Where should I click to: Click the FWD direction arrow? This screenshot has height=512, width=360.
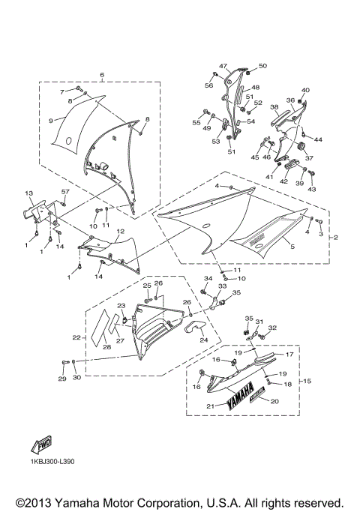click(x=38, y=448)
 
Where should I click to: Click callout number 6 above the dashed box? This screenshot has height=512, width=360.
click(x=102, y=75)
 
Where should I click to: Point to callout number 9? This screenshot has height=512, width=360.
click(x=52, y=120)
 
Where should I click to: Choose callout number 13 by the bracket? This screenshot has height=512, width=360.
click(x=29, y=193)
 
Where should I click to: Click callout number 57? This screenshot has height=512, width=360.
click(x=65, y=192)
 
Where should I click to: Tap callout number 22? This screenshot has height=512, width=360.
click(x=76, y=338)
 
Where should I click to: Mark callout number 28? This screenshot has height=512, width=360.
click(x=106, y=347)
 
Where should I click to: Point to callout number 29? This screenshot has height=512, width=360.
click(x=62, y=379)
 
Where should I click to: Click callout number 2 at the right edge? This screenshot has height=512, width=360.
click(x=335, y=238)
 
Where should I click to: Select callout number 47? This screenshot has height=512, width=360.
click(x=223, y=66)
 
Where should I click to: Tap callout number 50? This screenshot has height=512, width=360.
click(x=262, y=66)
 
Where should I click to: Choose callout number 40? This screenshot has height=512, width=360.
click(x=305, y=91)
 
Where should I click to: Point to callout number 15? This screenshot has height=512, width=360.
click(x=306, y=381)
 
